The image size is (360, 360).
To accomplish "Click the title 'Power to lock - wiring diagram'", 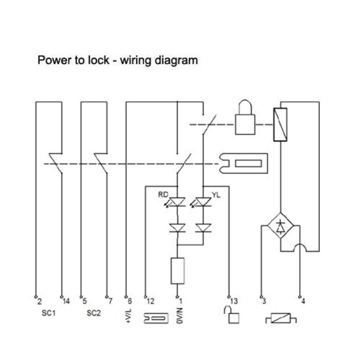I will (118, 60).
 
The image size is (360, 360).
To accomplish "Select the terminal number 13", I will (234, 302).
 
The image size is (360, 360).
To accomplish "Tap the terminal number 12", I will (151, 302).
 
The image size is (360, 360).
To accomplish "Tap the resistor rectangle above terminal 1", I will (177, 272).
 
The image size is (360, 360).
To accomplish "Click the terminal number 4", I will (303, 302).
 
